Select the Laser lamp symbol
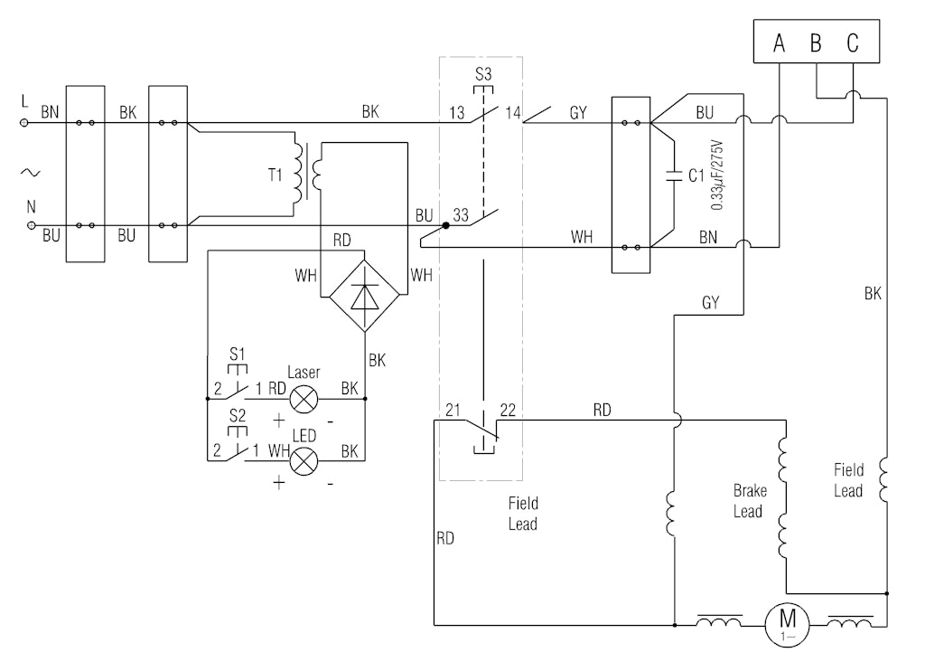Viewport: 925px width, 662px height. click(305, 396)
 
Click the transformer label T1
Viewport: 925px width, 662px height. click(275, 175)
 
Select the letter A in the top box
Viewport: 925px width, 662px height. click(779, 43)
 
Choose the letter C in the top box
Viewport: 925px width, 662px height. click(853, 43)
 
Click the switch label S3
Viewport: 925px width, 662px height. click(483, 73)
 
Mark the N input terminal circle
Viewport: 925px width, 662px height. click(33, 225)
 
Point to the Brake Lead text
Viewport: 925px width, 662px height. click(750, 501)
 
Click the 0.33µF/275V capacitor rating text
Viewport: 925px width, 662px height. click(716, 174)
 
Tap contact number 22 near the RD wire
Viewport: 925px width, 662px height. click(508, 410)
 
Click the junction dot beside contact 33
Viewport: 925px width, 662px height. click(446, 225)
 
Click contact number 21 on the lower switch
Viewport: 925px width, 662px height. click(453, 410)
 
